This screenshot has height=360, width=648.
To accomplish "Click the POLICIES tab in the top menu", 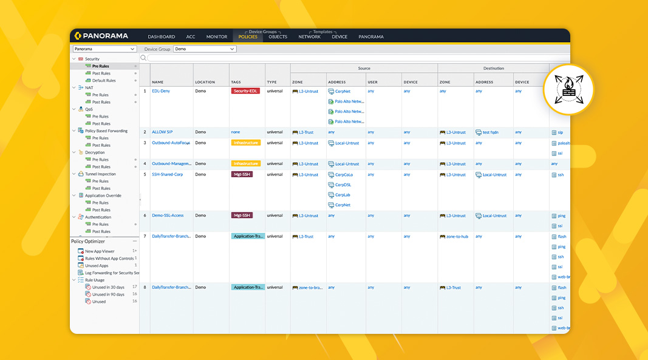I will [x=248, y=37].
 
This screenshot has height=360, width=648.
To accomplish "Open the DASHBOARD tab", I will [x=161, y=37].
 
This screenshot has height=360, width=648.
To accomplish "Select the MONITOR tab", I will [x=217, y=37].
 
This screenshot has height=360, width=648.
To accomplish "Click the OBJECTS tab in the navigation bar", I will [x=278, y=37].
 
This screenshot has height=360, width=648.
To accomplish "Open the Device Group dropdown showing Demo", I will [x=205, y=49].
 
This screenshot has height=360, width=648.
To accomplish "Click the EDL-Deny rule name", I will [x=160, y=91].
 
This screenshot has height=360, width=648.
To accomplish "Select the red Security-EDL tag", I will [x=245, y=91].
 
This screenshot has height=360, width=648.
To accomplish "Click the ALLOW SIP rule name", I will [x=162, y=132].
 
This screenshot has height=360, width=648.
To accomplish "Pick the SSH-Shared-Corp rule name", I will [x=167, y=174].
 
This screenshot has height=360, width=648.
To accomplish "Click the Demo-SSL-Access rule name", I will [x=168, y=216].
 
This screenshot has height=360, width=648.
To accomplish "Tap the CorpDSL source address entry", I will [x=343, y=185].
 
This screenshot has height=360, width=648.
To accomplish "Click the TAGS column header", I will [x=236, y=82].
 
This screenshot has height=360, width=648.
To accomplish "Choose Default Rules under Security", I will [x=104, y=81].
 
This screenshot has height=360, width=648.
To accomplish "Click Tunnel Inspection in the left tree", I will [x=100, y=174].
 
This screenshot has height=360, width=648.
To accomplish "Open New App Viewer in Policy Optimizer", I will [x=100, y=251].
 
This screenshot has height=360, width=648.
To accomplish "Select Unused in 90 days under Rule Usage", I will [x=108, y=294].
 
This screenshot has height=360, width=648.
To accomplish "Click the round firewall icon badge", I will [x=568, y=89].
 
